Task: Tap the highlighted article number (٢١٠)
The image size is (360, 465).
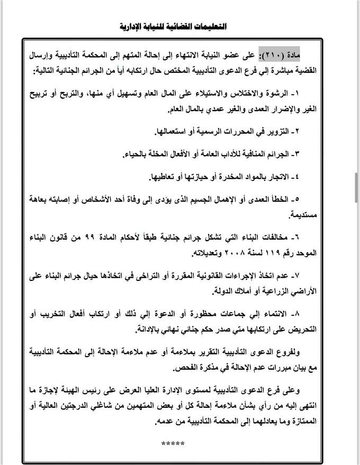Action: click(279, 55)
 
